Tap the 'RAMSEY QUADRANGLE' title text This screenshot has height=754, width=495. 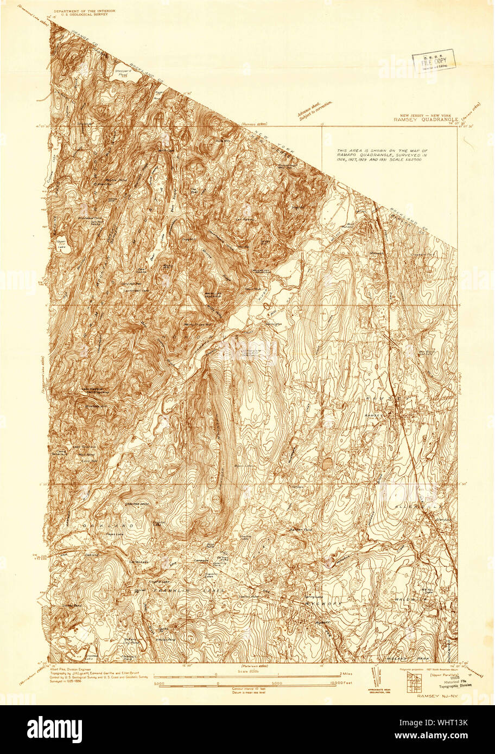(426, 120)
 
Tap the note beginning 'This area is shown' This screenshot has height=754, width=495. (382, 156)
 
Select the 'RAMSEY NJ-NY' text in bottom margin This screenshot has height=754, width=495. (434, 695)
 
